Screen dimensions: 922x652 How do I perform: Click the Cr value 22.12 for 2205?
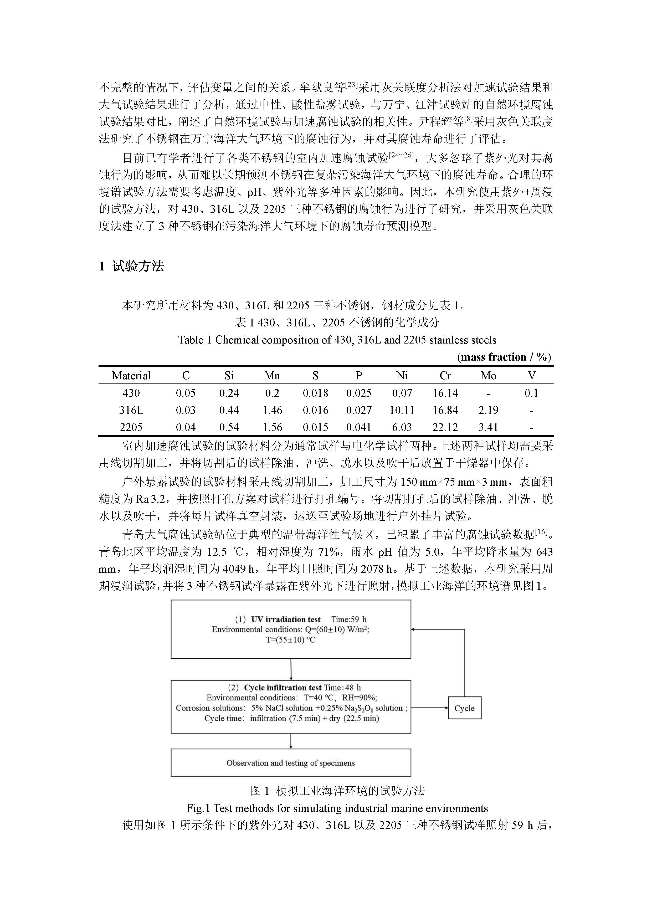pyautogui.click(x=445, y=427)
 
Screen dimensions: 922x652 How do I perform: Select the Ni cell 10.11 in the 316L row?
pyautogui.click(x=402, y=410)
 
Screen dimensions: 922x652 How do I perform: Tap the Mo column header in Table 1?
pyautogui.click(x=488, y=376)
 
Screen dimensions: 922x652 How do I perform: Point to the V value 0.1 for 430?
pyautogui.click(x=531, y=393)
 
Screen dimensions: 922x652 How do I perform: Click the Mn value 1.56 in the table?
pyautogui.click(x=272, y=427)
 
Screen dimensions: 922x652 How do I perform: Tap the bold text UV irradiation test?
pyautogui.click(x=285, y=619)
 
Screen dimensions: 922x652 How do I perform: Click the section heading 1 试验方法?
pyautogui.click(x=131, y=266)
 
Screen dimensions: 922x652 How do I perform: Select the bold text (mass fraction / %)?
pyautogui.click(x=504, y=357)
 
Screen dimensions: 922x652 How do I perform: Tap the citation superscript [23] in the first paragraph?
pyautogui.click(x=351, y=84)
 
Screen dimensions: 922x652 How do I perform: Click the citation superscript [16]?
pyautogui.click(x=541, y=532)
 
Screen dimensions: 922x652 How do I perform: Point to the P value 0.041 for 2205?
pyautogui.click(x=358, y=427)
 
